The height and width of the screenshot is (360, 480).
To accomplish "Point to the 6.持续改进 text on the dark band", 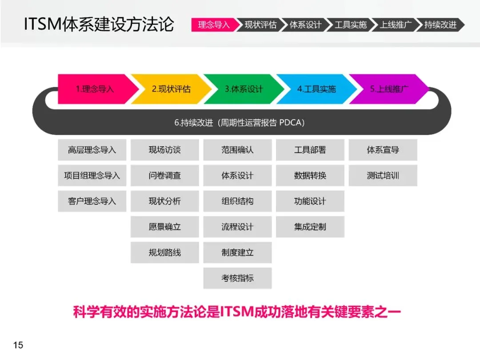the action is pos(240,123).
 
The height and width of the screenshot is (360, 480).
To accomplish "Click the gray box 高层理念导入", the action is pos(92,150).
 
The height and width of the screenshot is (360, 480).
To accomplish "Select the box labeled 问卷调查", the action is pos(164,176).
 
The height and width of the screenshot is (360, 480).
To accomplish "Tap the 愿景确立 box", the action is pos(164,227).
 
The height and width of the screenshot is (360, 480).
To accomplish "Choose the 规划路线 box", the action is pos(164,252).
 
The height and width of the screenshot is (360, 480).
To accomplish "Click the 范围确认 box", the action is pos(237,150).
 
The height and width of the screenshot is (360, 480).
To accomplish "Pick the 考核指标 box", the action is pos(237,278).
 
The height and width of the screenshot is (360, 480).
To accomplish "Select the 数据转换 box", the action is pos(310,176).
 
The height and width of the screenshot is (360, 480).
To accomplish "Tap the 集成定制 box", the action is pos(310,227).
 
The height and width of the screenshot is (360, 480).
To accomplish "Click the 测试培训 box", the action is pos(383,176).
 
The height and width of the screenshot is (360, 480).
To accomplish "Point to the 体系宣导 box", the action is pos(383,150).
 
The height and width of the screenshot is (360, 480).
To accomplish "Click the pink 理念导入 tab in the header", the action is pos(214,24).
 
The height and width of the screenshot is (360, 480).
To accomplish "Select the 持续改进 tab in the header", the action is pos(440,24).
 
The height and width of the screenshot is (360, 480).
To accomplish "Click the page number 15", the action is pos(18,345).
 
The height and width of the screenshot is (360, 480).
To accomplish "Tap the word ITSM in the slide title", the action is pos(42,24).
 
